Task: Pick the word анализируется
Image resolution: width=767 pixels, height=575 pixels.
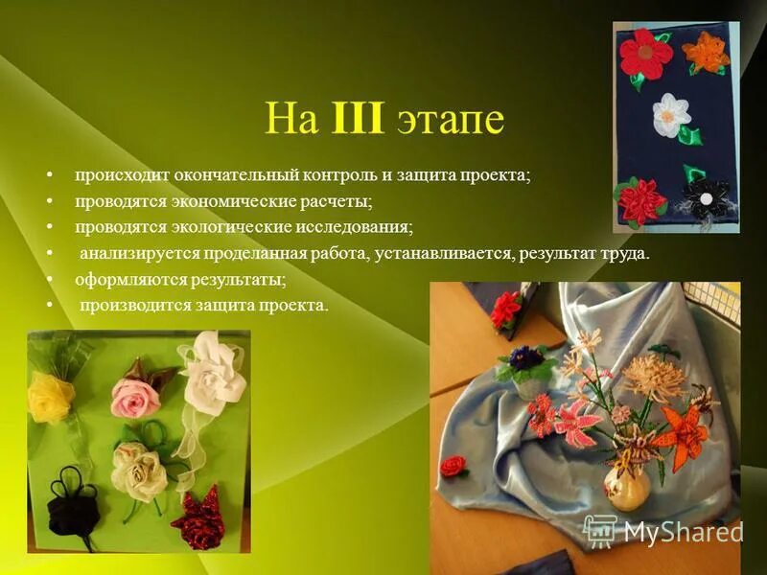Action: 131,254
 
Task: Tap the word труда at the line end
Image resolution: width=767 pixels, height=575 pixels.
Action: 628,254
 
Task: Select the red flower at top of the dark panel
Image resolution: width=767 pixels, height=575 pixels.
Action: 645,54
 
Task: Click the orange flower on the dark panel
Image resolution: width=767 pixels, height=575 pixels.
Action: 707,52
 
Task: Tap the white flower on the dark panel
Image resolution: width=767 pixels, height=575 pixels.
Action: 671,114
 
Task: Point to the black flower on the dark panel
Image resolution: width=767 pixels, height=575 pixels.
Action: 707,195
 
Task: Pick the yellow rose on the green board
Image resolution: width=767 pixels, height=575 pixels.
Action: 51,397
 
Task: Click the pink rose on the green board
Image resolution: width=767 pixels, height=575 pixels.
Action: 135,397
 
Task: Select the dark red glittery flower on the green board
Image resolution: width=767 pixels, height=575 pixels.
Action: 199,519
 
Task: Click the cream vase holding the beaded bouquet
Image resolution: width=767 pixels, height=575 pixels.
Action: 627,486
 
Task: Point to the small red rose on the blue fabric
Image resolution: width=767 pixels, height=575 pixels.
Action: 453,466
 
